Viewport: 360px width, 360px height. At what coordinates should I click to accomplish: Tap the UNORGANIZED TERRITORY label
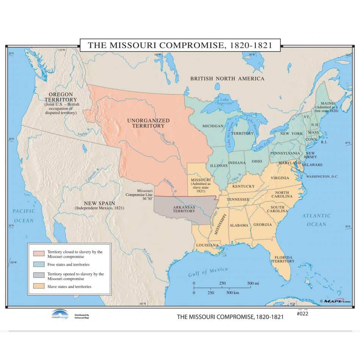coord(148,123)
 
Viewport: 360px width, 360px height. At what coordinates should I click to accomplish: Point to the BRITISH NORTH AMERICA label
coord(227,78)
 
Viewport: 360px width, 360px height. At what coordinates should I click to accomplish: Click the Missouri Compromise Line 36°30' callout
coord(139,194)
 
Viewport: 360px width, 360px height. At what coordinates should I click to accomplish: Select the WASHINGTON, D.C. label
coord(322,177)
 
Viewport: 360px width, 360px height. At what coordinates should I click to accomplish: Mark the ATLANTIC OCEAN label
coord(316,220)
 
